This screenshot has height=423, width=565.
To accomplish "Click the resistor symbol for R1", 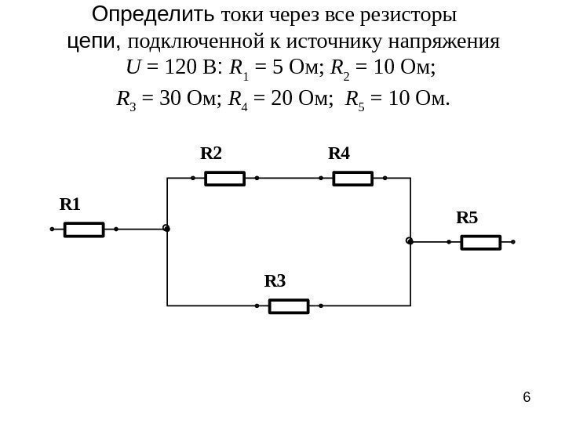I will coord(84,230).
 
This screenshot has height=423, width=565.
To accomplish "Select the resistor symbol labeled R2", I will coord(225,179).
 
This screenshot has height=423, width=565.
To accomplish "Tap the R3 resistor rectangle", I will coord(289,305).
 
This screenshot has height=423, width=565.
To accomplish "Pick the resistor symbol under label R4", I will coord(353,179).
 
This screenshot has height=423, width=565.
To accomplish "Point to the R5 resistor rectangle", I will coord(480,243).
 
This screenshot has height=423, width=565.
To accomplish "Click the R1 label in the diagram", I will coord(71,205).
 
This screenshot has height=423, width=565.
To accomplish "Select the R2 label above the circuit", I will coord(211,154).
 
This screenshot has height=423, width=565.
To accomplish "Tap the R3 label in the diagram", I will coord(275,280).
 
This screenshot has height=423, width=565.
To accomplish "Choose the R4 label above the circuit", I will coord(339,154).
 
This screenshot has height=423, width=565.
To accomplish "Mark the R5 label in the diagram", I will coord(467,218).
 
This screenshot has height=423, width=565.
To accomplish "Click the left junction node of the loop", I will coord(166,229).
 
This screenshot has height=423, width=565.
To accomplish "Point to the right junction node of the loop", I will coord(410,240).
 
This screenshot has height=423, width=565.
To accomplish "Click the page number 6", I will coord(527,397).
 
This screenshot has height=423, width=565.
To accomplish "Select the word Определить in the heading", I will coord(154,15).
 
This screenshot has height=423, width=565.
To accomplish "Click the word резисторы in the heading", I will coord(410,16).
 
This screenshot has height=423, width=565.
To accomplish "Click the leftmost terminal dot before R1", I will coord(51,230).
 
